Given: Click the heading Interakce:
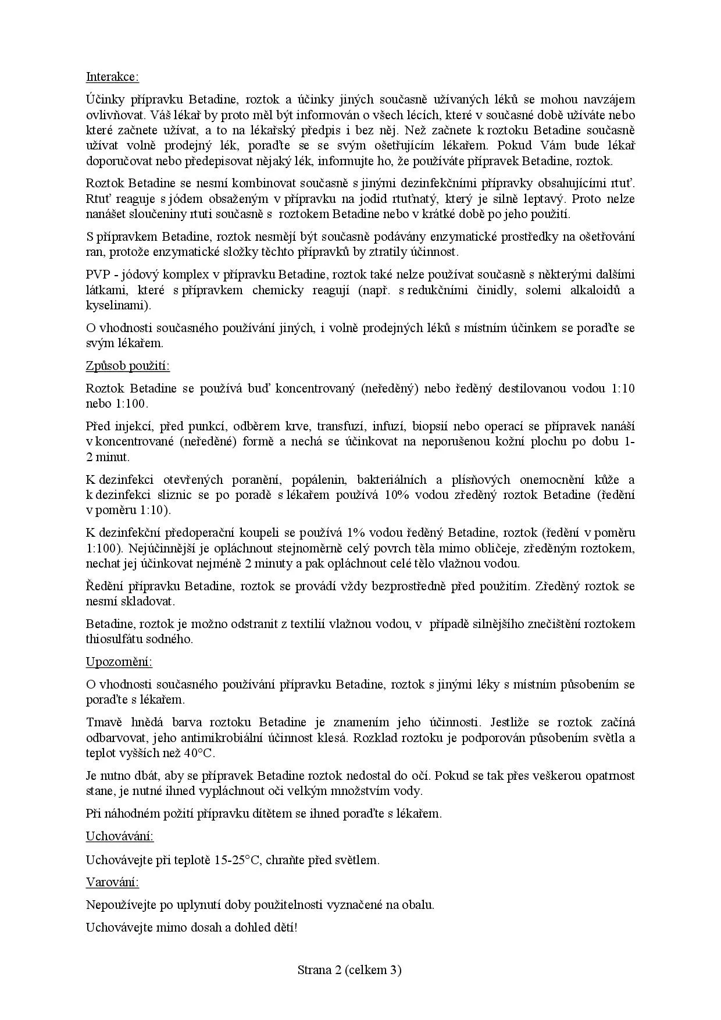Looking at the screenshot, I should click(x=112, y=77).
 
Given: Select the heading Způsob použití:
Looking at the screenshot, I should click(x=128, y=366).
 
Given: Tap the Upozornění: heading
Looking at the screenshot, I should click(x=119, y=662).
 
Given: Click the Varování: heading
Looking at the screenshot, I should click(x=113, y=882).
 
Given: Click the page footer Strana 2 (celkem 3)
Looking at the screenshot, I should click(x=349, y=969).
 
